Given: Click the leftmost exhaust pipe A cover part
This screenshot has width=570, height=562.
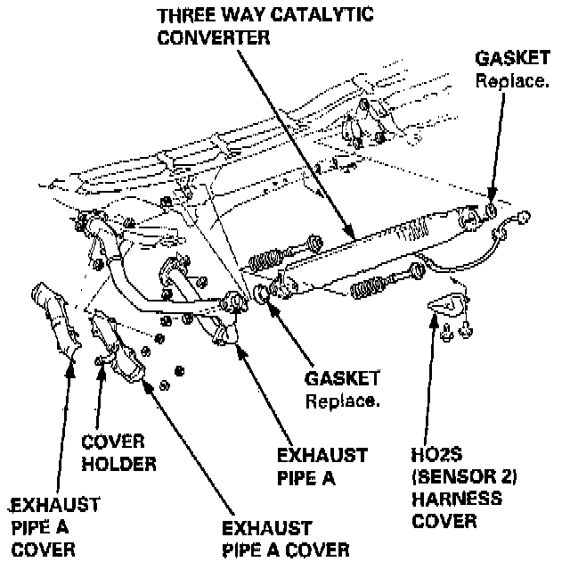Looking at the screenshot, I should pos(54,317).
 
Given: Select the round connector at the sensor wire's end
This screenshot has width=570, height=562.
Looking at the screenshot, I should pos(525,215).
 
